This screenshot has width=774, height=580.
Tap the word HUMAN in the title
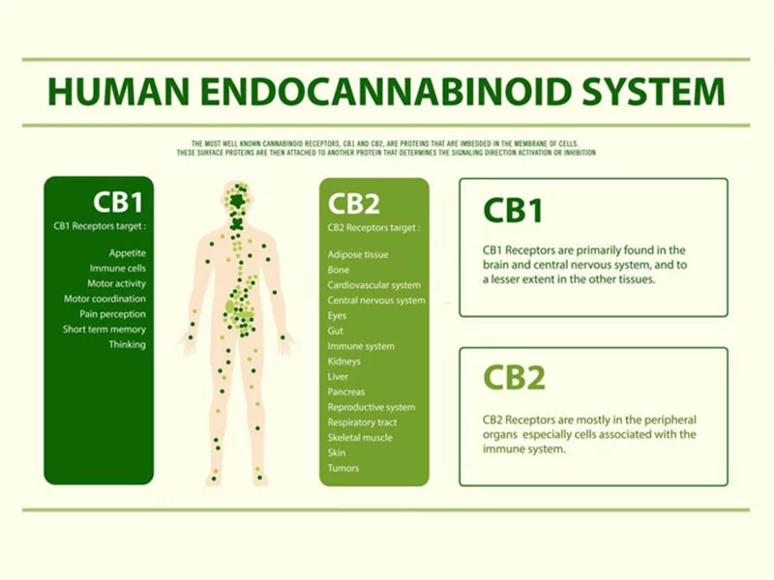[x=119, y=91]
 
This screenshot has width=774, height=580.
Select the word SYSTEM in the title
[x=653, y=91]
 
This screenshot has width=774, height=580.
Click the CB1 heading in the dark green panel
[x=117, y=202]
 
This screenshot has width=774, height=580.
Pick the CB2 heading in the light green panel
[x=353, y=204]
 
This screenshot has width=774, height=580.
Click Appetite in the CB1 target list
[x=128, y=253]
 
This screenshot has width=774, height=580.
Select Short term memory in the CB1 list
[x=104, y=329]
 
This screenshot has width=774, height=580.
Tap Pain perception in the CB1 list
[x=112, y=313]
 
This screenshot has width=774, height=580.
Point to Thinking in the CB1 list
[x=128, y=344]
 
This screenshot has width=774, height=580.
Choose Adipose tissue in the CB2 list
[x=358, y=254]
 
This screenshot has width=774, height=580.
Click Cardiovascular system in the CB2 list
[x=374, y=285]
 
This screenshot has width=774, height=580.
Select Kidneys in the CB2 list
[x=344, y=361]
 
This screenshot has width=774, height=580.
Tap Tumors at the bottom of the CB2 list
[x=343, y=468]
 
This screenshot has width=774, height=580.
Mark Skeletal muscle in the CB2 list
[x=360, y=438]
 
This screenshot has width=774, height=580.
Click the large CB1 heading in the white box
[x=513, y=211]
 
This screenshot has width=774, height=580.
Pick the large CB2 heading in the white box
[x=514, y=378]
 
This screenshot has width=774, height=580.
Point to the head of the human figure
[x=239, y=200]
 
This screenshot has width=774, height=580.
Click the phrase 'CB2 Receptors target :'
[x=373, y=228]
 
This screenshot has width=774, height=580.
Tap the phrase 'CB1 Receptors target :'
[x=100, y=226]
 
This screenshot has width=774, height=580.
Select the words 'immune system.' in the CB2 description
[x=523, y=449]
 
